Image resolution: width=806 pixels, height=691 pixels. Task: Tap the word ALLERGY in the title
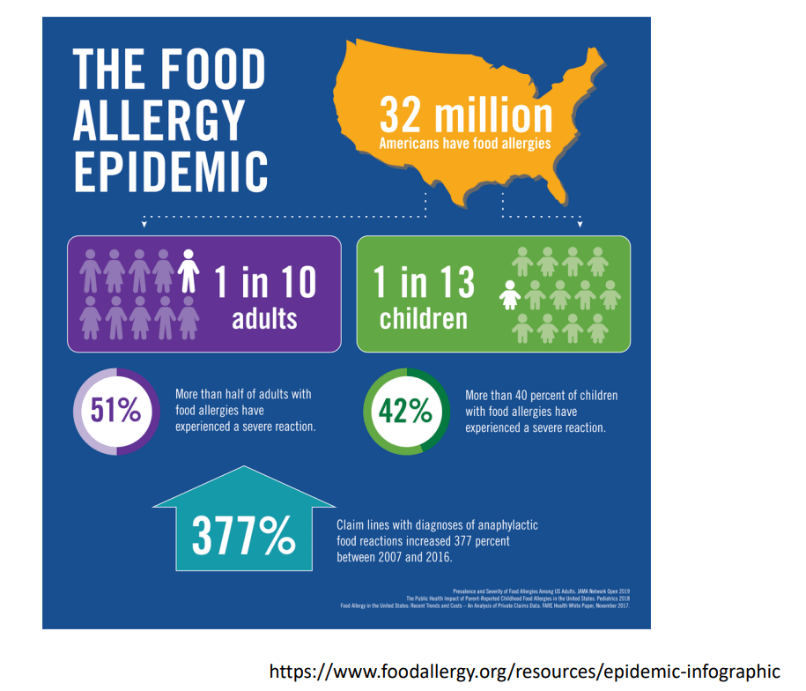tap(159, 120)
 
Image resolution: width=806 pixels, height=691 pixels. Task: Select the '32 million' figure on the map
tap(466, 115)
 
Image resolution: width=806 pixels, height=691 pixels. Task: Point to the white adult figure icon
tap(188, 270)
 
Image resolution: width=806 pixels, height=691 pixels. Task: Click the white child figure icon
tap(509, 295)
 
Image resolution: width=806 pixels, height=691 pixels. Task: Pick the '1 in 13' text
tap(424, 282)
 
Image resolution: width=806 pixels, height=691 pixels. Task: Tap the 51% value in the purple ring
tap(115, 410)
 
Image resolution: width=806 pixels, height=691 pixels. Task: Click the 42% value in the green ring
tap(405, 411)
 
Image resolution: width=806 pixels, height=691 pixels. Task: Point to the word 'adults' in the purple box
tap(264, 318)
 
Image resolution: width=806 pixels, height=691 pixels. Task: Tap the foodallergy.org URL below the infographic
tap(524, 671)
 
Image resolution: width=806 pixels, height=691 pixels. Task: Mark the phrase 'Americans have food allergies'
tap(465, 144)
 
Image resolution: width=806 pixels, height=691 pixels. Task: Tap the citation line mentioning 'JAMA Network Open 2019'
tap(542, 590)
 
